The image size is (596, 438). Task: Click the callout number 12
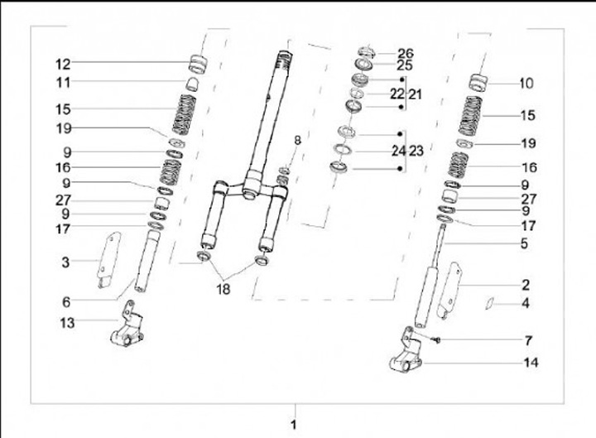63,64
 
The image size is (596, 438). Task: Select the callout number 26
405,54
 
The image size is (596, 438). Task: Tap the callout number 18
223,289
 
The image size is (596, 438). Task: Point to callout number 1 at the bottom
293,425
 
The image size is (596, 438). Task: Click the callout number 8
297,140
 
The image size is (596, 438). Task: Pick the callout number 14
531,363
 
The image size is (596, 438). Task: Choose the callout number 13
67,323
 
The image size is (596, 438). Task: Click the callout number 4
526,303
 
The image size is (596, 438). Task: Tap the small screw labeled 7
437,339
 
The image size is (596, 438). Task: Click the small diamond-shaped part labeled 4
489,303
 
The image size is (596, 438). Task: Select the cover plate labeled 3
108,260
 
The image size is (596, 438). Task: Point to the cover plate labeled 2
449,290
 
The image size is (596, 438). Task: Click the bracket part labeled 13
127,325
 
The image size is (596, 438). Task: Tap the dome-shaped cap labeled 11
192,84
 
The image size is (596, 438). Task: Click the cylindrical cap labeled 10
478,83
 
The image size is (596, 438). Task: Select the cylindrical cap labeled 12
198,65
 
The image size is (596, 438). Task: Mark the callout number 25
405,65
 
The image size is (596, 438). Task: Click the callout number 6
66,302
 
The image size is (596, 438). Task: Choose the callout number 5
524,243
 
